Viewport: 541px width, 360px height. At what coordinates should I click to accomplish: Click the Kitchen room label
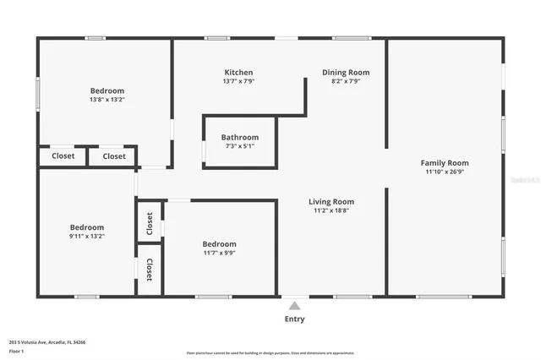238,73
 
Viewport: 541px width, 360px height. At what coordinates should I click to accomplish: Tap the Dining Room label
346,73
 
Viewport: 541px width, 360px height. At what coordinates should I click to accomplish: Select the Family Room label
445,163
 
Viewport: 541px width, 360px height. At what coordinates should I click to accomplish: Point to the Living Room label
331,202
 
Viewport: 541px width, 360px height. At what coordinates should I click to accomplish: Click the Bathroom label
240,137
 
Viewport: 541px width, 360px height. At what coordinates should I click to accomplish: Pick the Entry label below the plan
294,319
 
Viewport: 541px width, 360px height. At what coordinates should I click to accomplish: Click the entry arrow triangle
294,306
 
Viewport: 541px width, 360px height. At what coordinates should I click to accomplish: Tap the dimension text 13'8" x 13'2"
107,100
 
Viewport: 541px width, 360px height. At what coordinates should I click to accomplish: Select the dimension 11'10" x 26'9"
445,172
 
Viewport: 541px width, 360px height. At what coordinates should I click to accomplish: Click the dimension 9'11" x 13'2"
87,237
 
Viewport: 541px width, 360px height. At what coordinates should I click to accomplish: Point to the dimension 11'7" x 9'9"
220,253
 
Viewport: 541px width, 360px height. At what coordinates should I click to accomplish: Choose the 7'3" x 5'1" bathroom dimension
240,146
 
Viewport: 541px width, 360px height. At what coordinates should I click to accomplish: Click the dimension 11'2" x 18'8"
331,210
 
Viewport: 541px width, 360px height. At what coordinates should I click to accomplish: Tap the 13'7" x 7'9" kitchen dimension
238,82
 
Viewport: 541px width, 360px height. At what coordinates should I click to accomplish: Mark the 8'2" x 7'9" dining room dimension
346,82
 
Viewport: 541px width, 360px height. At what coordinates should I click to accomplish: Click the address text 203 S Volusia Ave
47,342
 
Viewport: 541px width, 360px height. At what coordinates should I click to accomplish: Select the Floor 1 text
17,351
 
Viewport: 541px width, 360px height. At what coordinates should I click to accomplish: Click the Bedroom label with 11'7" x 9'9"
220,244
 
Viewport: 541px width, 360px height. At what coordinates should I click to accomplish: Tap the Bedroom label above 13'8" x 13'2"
107,91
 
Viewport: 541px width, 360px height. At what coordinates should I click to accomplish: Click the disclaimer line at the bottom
270,353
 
